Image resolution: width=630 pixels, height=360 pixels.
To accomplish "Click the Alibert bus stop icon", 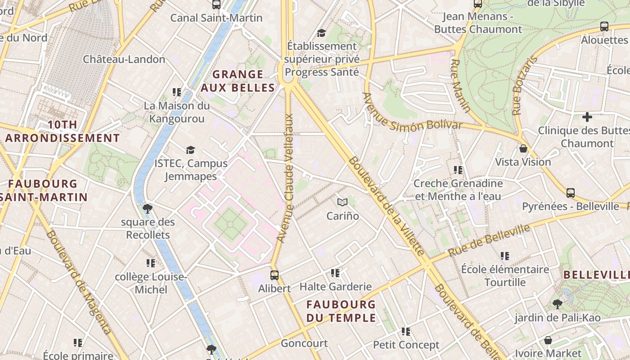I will [x=274, y=275].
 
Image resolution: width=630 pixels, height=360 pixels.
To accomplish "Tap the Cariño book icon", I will [x=342, y=202].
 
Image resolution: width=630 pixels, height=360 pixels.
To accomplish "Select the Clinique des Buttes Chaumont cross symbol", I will [x=587, y=117].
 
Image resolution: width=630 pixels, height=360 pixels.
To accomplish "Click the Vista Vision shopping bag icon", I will [x=523, y=148].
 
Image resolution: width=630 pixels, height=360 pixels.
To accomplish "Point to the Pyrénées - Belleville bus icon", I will [x=570, y=193].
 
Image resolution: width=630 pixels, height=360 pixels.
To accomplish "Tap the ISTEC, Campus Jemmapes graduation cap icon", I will [x=191, y=150].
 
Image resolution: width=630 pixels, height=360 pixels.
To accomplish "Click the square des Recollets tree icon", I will [x=147, y=208].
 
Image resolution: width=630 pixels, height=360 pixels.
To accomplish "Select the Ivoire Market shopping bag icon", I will [x=548, y=340].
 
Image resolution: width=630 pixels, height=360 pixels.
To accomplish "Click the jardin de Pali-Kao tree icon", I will [x=557, y=304].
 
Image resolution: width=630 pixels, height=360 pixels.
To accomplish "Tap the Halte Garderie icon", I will [x=335, y=273].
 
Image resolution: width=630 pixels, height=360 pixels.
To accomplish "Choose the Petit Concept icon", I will [x=406, y=332].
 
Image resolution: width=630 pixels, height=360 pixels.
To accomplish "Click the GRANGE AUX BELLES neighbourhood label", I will [x=238, y=81].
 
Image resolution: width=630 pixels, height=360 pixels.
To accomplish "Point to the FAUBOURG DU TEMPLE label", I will [x=341, y=311].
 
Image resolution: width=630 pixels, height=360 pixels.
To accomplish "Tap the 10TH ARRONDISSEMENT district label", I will [x=63, y=131].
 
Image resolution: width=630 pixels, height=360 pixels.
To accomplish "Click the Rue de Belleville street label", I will [x=489, y=241].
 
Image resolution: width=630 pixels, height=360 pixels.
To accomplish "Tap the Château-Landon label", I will [x=124, y=59].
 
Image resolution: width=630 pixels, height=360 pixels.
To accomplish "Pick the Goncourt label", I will [x=304, y=343].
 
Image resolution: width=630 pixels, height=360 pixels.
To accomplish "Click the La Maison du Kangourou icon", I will [x=177, y=92].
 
